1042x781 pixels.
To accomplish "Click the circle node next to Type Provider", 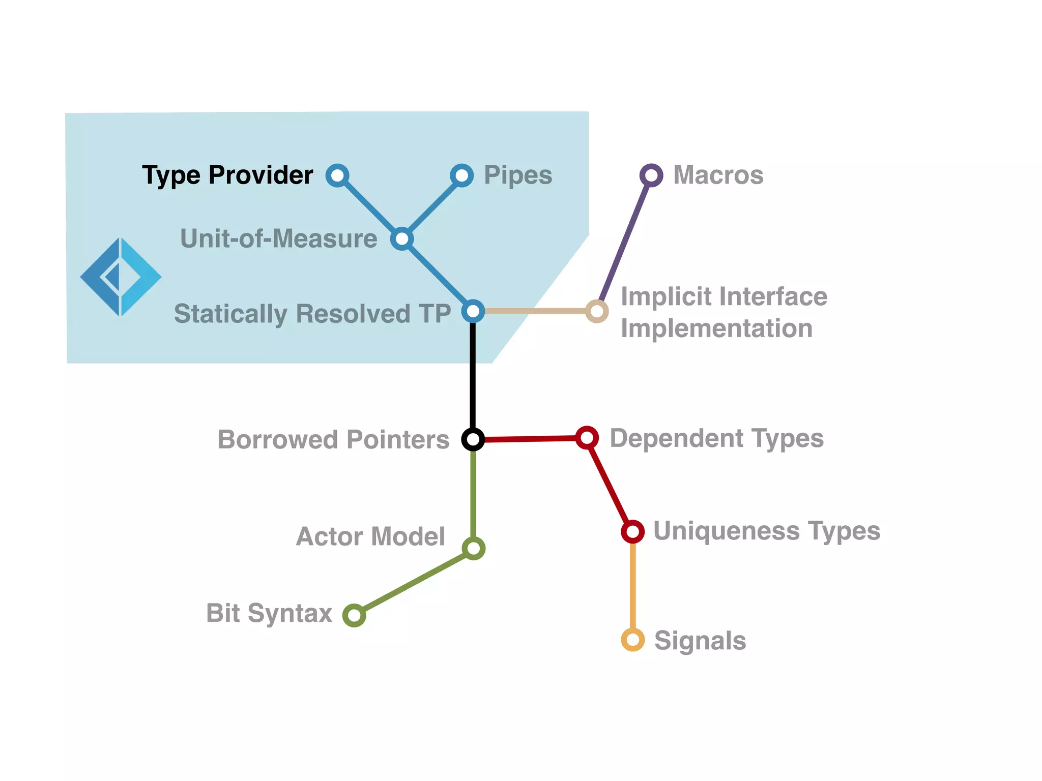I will (337, 175).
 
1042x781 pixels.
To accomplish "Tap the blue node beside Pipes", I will (461, 175).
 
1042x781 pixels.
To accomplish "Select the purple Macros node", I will (651, 175).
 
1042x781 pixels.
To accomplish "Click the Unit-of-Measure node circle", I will (402, 238).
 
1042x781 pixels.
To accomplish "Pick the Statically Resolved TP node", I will (473, 311).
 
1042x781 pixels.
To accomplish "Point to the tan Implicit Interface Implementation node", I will (597, 311).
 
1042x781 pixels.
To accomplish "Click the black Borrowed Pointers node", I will (473, 439).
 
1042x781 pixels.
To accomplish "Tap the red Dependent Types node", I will (587, 437).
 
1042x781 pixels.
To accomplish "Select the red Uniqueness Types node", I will (632, 531).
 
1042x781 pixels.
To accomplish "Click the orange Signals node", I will (633, 640).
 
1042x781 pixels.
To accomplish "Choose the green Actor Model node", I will (474, 549).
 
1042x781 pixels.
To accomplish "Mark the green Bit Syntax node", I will (354, 615).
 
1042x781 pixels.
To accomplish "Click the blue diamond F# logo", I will (121, 277).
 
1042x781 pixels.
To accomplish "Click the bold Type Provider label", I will (227, 175).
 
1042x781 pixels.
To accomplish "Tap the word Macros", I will (718, 175).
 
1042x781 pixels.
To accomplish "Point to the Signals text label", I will (700, 641).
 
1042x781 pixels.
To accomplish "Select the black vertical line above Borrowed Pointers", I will (473, 376).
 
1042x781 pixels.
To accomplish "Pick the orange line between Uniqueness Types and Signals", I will (633, 585).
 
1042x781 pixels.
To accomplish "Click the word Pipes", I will (518, 175).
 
